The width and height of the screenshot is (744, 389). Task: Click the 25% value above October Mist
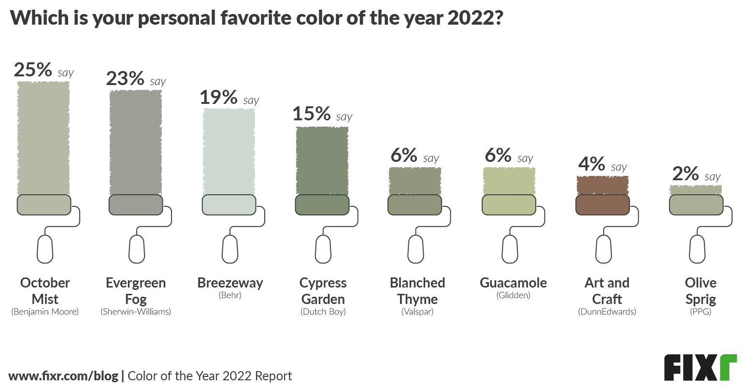tap(33, 70)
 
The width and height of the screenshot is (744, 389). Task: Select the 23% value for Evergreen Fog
tap(125, 79)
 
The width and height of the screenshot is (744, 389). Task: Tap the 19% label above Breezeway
tap(218, 98)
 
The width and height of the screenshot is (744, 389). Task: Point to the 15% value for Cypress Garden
tap(312, 114)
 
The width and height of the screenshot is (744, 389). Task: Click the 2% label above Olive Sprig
tap(685, 174)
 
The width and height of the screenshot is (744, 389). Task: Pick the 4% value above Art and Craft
tap(591, 164)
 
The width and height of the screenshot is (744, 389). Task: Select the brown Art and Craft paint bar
tap(602, 185)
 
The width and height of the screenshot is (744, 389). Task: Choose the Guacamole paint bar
tap(509, 181)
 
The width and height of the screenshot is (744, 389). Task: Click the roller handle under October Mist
tap(45, 249)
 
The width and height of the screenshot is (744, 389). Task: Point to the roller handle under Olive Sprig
tap(697, 249)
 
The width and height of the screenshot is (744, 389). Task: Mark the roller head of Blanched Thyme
tap(415, 205)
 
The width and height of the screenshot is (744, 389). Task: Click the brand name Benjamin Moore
tap(45, 312)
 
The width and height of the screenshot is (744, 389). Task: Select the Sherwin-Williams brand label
tap(136, 312)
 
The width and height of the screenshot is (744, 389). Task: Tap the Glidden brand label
tap(513, 295)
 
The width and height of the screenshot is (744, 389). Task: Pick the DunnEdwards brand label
tap(607, 312)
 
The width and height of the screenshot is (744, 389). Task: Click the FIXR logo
tap(700, 368)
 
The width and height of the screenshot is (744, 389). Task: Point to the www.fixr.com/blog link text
tap(63, 376)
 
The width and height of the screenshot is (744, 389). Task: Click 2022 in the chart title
tap(469, 18)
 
